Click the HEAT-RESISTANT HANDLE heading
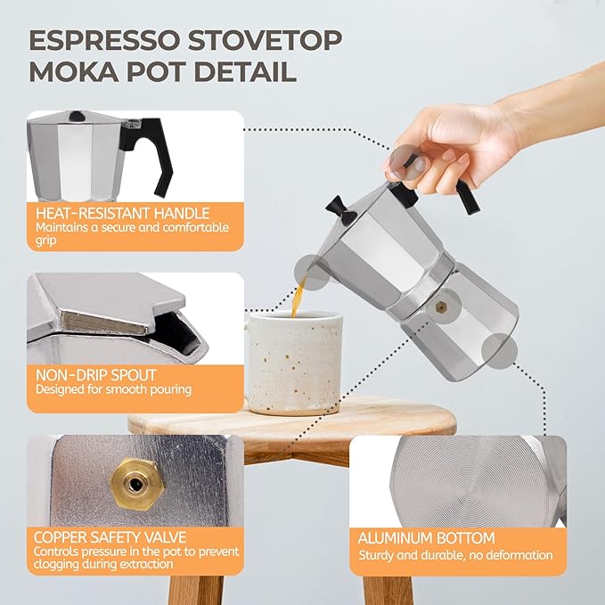pos(122,213)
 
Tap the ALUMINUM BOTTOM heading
pos(426,538)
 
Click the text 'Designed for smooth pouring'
pos(113,389)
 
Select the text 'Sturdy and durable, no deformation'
pos(455,555)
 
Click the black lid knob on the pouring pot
pos(339,208)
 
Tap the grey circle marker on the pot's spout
pos(313,269)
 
